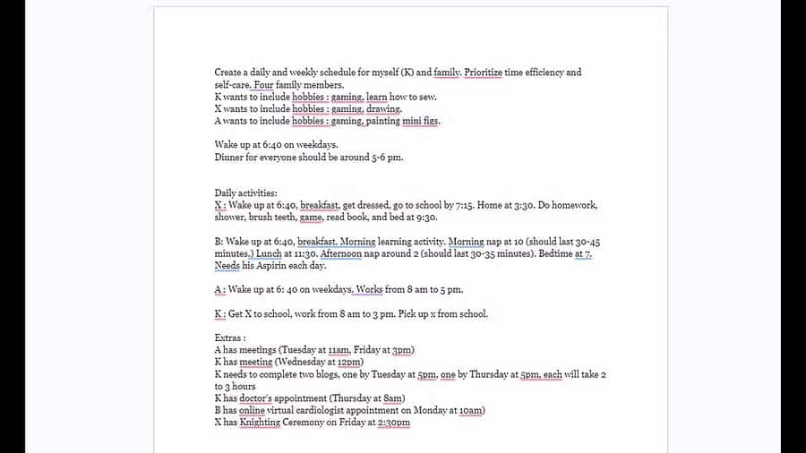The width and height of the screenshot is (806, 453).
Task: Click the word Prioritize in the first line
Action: (484, 73)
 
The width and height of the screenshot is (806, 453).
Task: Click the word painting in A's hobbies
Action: (384, 121)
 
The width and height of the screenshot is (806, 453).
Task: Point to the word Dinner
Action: (229, 158)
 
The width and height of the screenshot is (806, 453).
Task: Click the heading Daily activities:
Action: (246, 193)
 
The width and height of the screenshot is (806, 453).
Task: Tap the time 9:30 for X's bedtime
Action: (425, 217)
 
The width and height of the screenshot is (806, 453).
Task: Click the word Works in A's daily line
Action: (370, 290)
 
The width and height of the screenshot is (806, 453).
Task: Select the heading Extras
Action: (229, 338)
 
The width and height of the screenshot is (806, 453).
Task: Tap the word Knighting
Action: (260, 423)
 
